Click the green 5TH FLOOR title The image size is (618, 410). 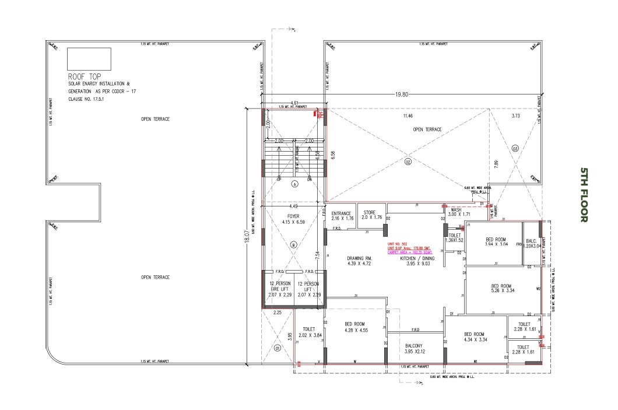pyautogui.click(x=585, y=195)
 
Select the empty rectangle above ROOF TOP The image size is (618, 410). pyautogui.click(x=89, y=58)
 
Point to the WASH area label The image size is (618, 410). pyautogui.click(x=455, y=212)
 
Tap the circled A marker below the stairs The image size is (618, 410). pyautogui.click(x=295, y=184)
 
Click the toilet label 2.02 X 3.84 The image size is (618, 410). pyautogui.click(x=309, y=332)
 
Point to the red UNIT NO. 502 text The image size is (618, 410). pyautogui.click(x=399, y=244)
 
